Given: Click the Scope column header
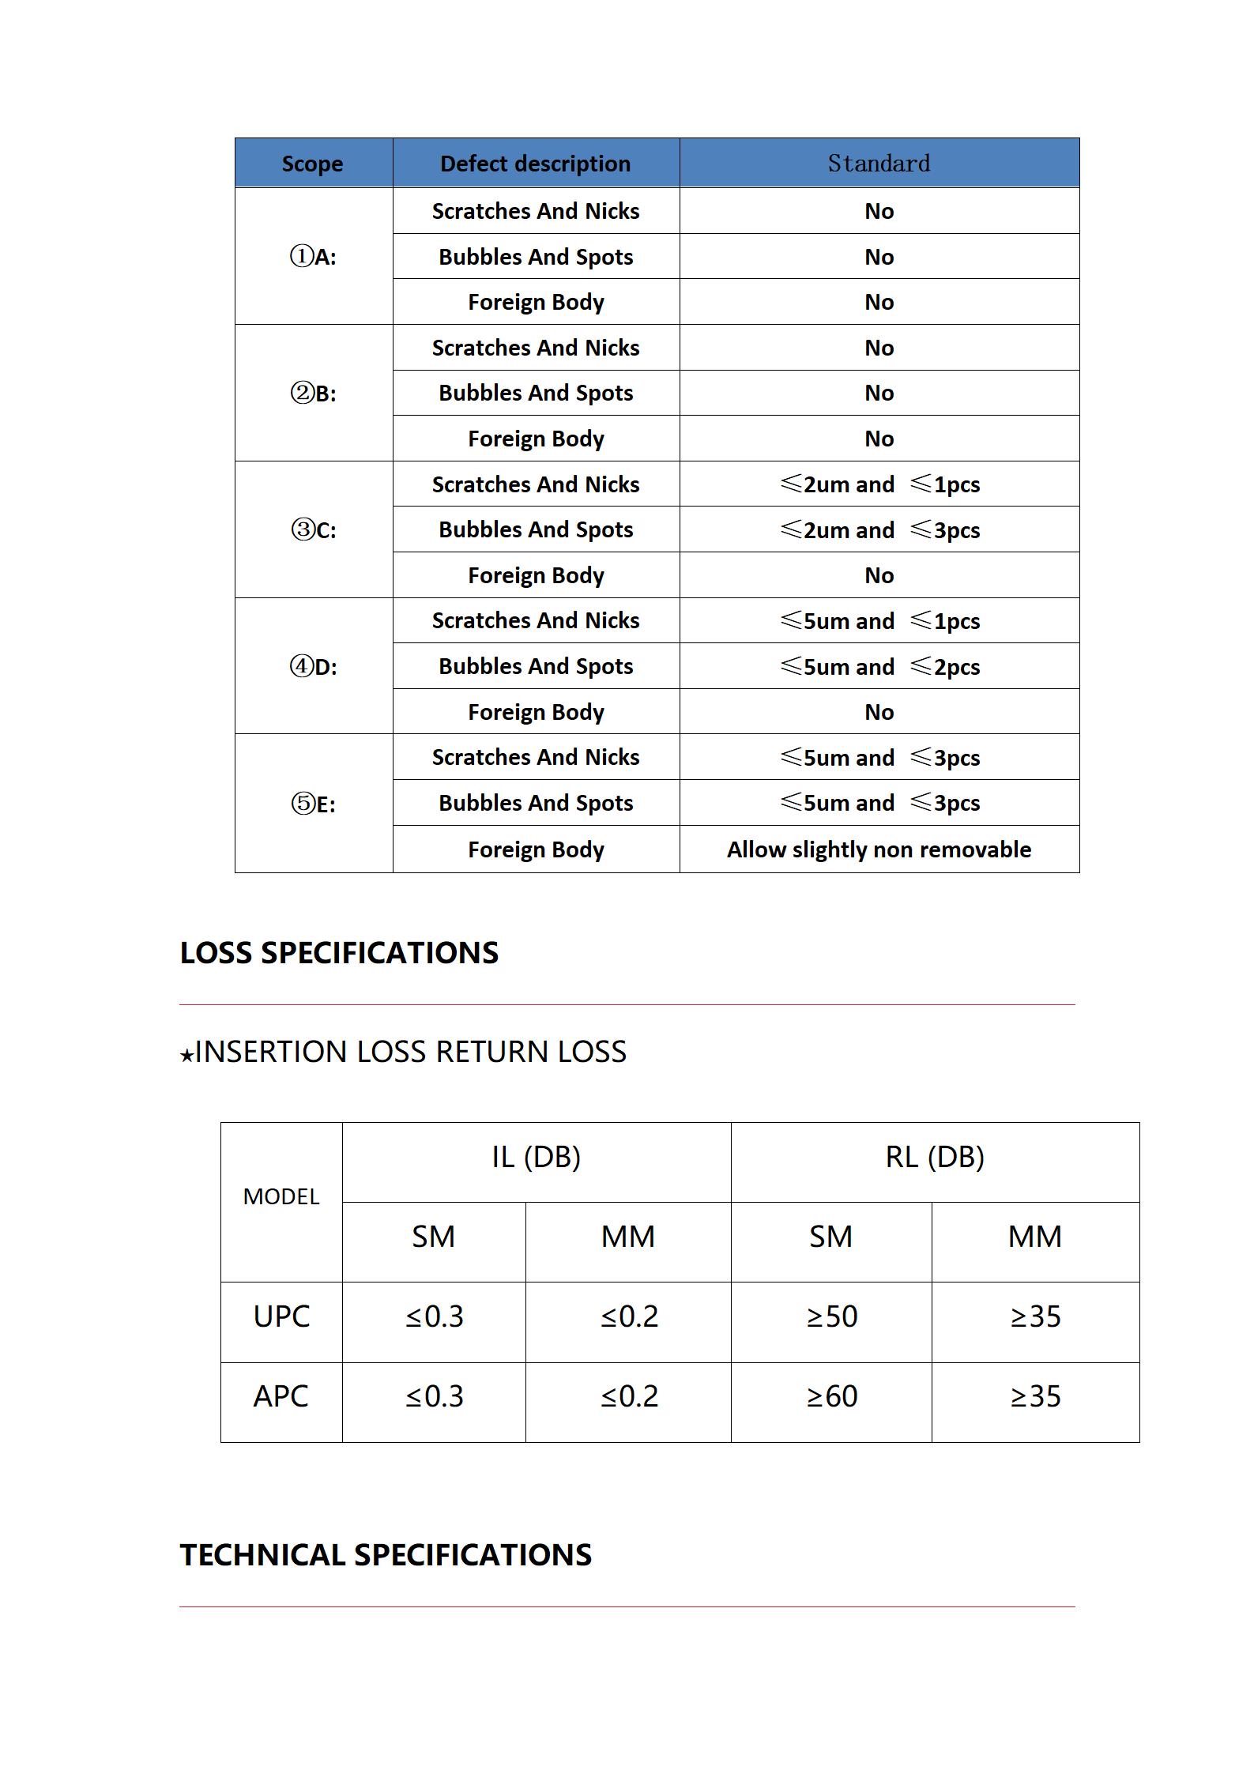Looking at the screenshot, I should [x=312, y=164].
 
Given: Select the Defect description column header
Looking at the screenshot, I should [x=535, y=164].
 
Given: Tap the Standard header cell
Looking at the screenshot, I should [x=879, y=164].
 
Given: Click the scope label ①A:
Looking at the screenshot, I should [x=313, y=257].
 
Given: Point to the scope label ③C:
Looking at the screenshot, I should [x=313, y=529].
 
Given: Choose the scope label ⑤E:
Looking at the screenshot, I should [x=313, y=804].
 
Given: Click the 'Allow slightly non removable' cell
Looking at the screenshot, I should [x=879, y=849].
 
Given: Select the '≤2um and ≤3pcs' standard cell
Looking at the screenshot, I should [x=879, y=529].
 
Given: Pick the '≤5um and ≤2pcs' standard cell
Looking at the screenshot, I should [x=879, y=666].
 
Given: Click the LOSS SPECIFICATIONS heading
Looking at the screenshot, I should [x=339, y=952].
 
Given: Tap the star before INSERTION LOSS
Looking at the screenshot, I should [x=186, y=1055].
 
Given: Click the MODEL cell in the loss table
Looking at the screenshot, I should [x=281, y=1196].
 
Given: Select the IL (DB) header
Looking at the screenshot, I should [x=536, y=1157].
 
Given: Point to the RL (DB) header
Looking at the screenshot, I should [x=935, y=1157].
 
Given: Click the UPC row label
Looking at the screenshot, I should [x=281, y=1316].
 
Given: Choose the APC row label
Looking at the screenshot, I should [x=281, y=1396].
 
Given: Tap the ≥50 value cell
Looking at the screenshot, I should [x=831, y=1316].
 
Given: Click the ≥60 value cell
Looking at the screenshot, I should [x=831, y=1396].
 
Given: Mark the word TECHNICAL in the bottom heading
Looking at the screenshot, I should [x=262, y=1554].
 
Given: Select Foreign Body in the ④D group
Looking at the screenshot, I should [x=536, y=712].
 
